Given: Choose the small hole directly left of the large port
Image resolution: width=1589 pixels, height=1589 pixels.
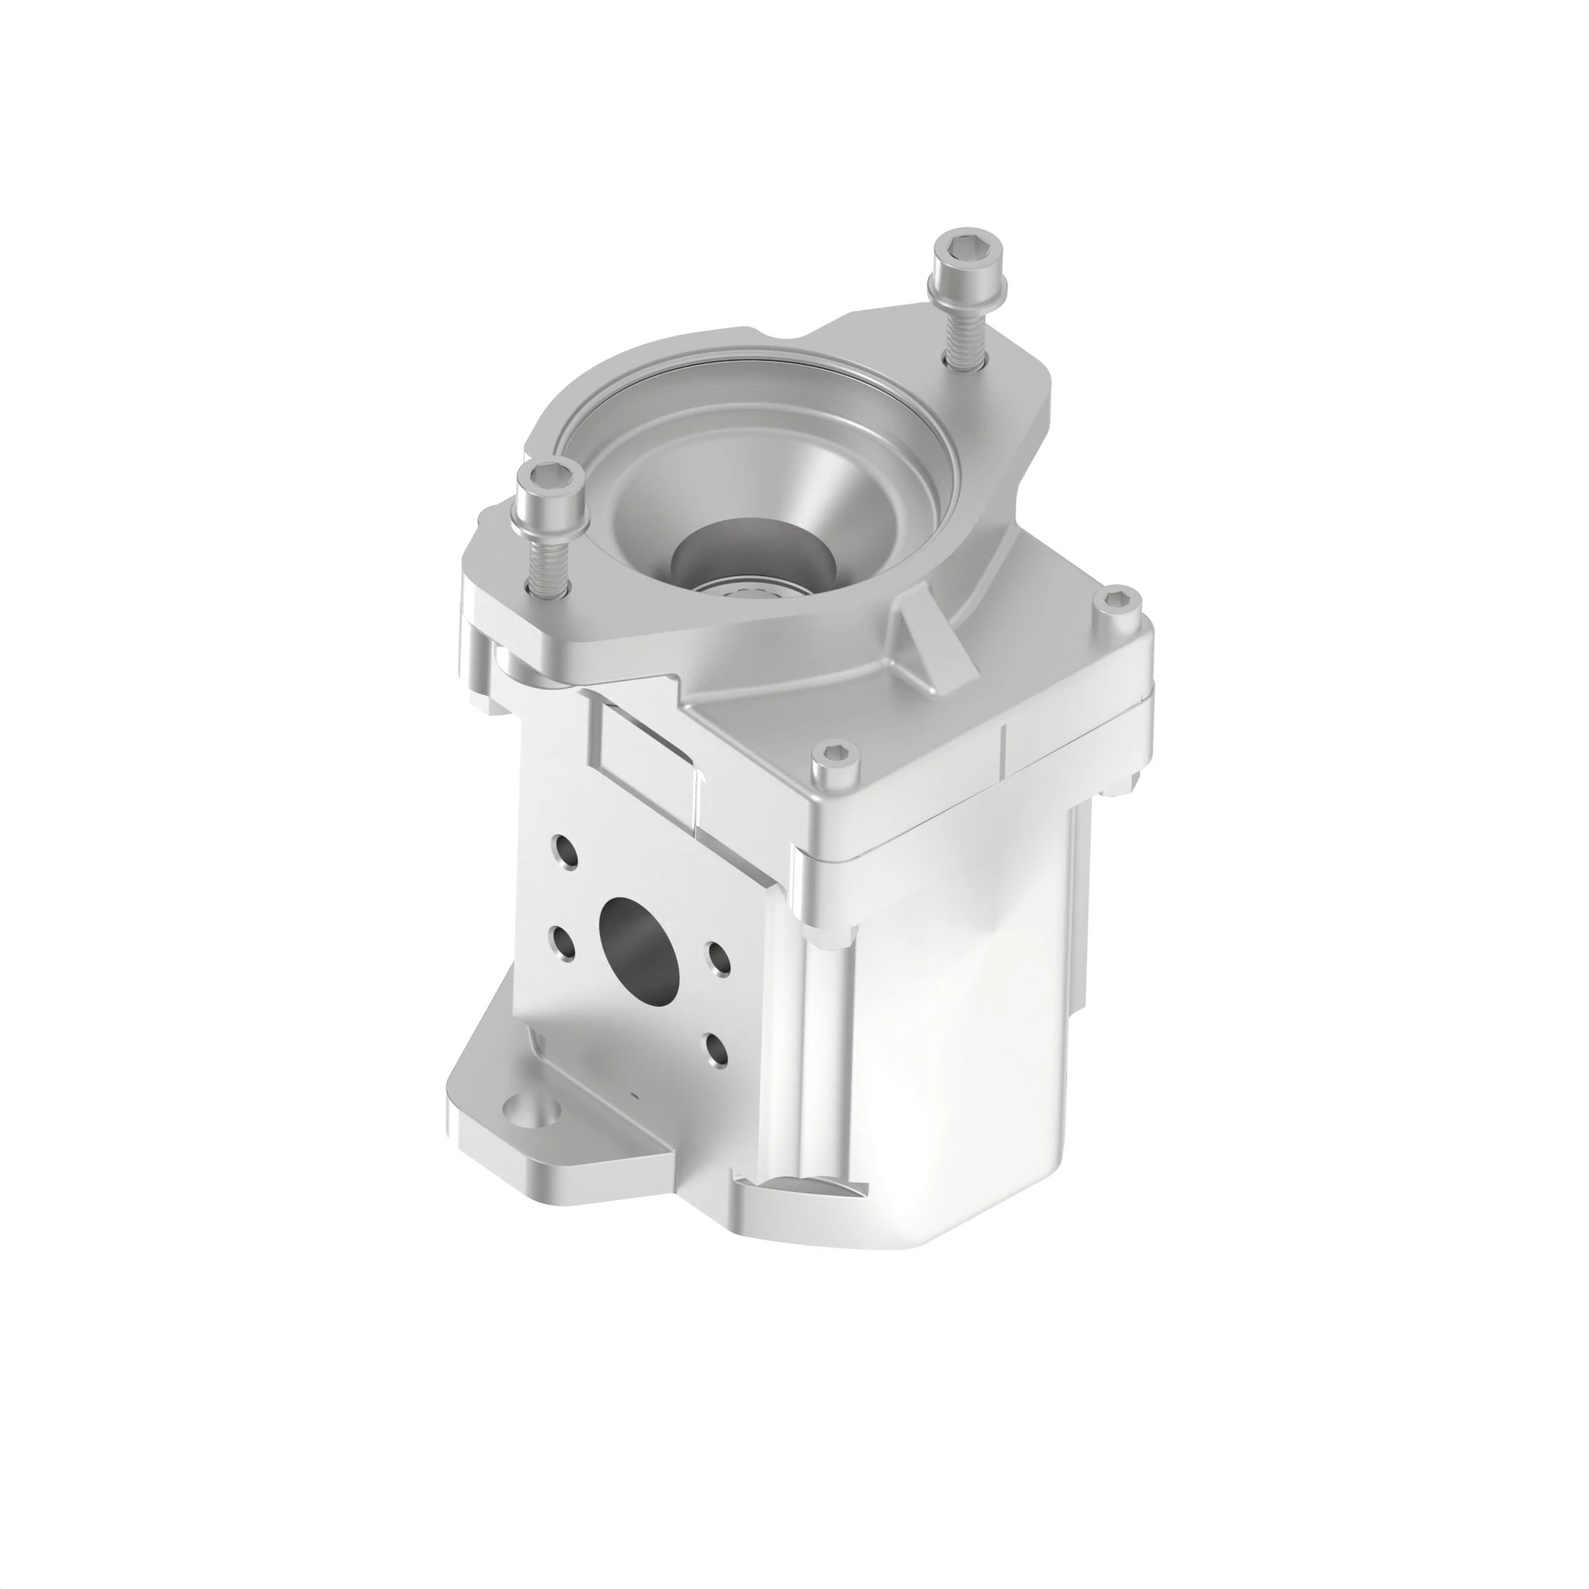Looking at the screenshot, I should pos(563,942).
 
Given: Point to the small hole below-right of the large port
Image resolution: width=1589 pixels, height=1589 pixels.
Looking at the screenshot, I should pos(716,1050).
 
